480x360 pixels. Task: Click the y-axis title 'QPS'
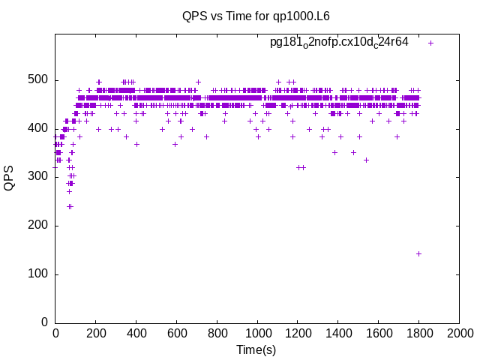click(x=10, y=178)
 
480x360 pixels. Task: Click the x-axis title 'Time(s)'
click(x=256, y=349)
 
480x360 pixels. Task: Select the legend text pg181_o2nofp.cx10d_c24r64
click(x=339, y=42)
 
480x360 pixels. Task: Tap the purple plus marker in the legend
click(x=430, y=43)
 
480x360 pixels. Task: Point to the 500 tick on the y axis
click(x=38, y=80)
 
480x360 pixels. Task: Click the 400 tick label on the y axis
click(x=38, y=128)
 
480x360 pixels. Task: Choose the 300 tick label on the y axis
click(x=38, y=177)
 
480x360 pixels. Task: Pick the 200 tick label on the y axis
click(x=38, y=226)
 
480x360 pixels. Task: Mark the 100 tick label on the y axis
click(x=38, y=274)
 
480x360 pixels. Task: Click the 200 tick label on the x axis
click(x=95, y=333)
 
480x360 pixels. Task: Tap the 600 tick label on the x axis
click(x=176, y=333)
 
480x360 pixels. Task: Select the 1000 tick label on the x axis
click(x=257, y=333)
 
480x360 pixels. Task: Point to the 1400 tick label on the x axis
click(x=338, y=333)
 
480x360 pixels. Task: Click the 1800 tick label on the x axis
click(x=419, y=333)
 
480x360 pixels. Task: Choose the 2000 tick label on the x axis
click(x=460, y=333)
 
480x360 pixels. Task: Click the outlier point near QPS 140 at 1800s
click(x=418, y=253)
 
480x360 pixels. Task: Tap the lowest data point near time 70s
click(x=70, y=206)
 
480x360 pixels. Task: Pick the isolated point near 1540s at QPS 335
click(x=366, y=160)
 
